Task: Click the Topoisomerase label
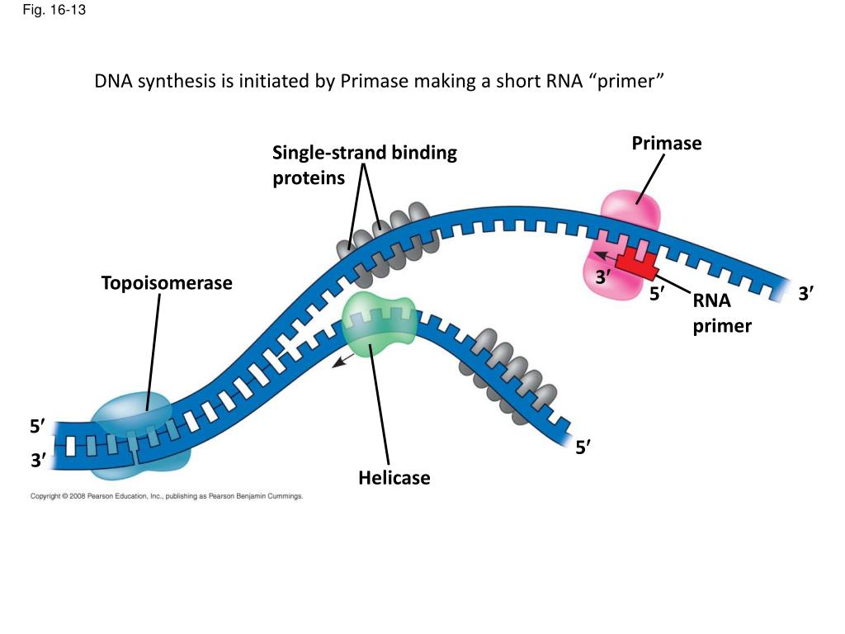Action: (167, 283)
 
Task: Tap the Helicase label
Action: (394, 478)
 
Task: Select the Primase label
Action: (667, 144)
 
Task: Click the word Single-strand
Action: (328, 153)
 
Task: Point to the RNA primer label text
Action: (722, 313)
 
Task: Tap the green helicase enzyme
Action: (380, 324)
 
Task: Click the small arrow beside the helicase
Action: (342, 361)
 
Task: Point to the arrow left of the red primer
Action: (605, 256)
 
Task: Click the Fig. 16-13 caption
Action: (54, 10)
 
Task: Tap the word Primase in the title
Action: (374, 81)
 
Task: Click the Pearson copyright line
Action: (167, 496)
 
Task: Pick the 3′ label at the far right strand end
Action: (806, 294)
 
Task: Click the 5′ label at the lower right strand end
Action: (583, 447)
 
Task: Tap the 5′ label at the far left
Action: (38, 427)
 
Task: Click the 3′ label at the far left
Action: (38, 461)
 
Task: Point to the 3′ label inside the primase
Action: (603, 277)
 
